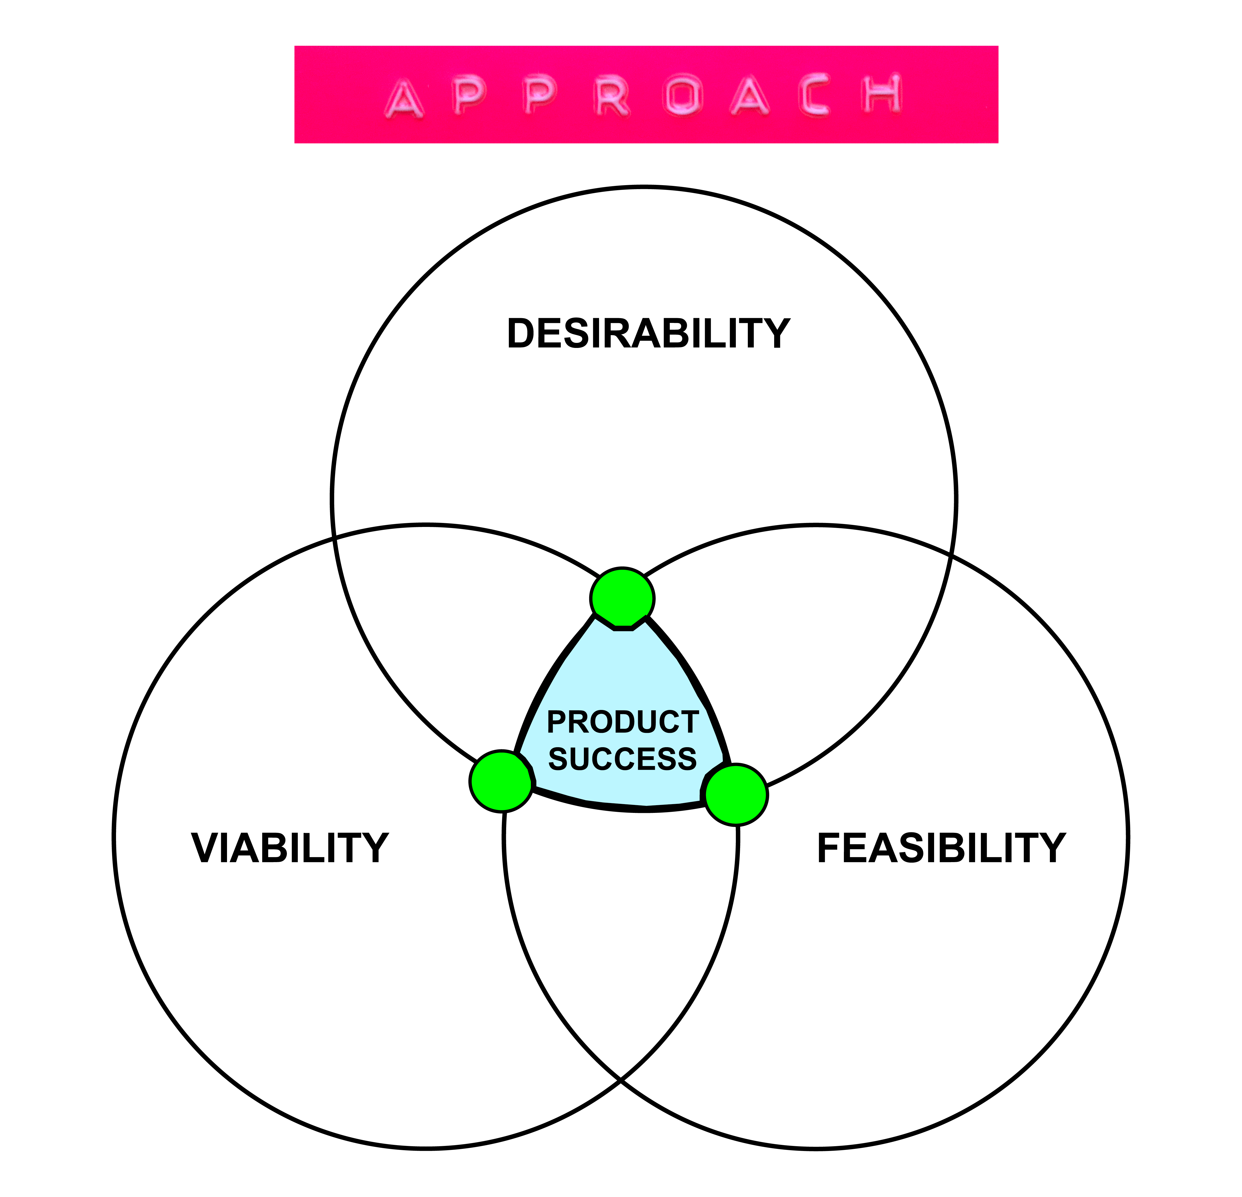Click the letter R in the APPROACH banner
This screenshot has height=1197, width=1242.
(x=612, y=97)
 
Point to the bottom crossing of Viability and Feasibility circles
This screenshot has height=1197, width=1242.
(x=620, y=1078)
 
